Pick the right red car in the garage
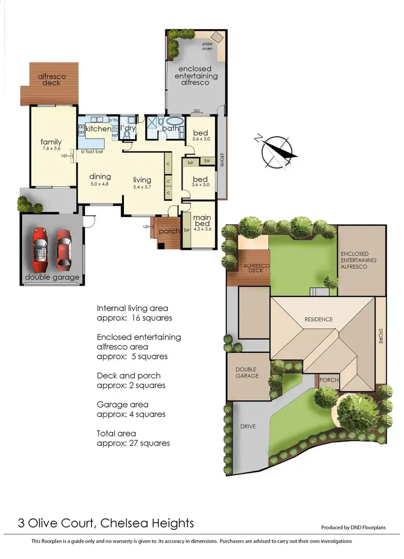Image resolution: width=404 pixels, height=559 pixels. pyautogui.click(x=64, y=249)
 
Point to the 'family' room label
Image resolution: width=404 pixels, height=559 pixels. pyautogui.click(x=51, y=142)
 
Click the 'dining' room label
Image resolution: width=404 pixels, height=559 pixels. pyautogui.click(x=100, y=176)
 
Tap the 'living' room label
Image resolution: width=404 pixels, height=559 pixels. pyautogui.click(x=143, y=180)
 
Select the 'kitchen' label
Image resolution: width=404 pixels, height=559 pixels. pyautogui.click(x=98, y=129)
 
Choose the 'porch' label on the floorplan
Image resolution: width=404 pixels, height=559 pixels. pyautogui.click(x=170, y=231)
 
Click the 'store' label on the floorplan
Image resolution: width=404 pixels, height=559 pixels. pyautogui.click(x=221, y=160)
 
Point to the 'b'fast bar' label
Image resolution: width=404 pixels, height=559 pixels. pyautogui.click(x=92, y=152)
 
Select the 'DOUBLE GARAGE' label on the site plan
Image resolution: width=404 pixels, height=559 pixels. pyautogui.click(x=247, y=373)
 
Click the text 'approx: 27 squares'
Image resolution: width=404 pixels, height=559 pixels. pyautogui.click(x=133, y=443)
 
